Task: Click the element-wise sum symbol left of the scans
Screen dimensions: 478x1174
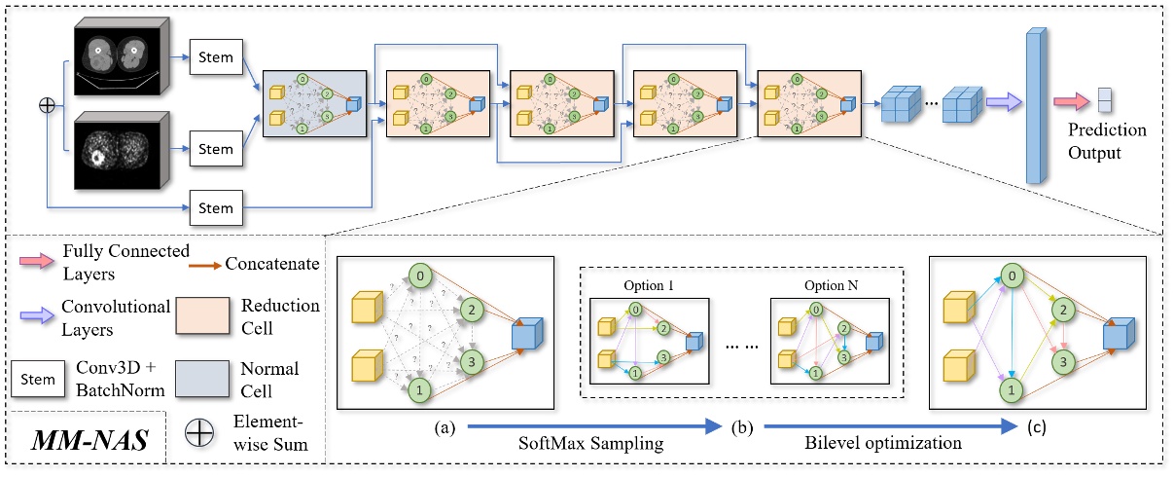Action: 46,104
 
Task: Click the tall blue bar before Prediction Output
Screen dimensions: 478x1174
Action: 1037,106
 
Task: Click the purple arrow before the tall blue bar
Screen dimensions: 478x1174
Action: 1001,101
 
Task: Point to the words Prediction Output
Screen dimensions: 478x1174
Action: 1107,141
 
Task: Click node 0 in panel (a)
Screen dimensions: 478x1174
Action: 419,274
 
